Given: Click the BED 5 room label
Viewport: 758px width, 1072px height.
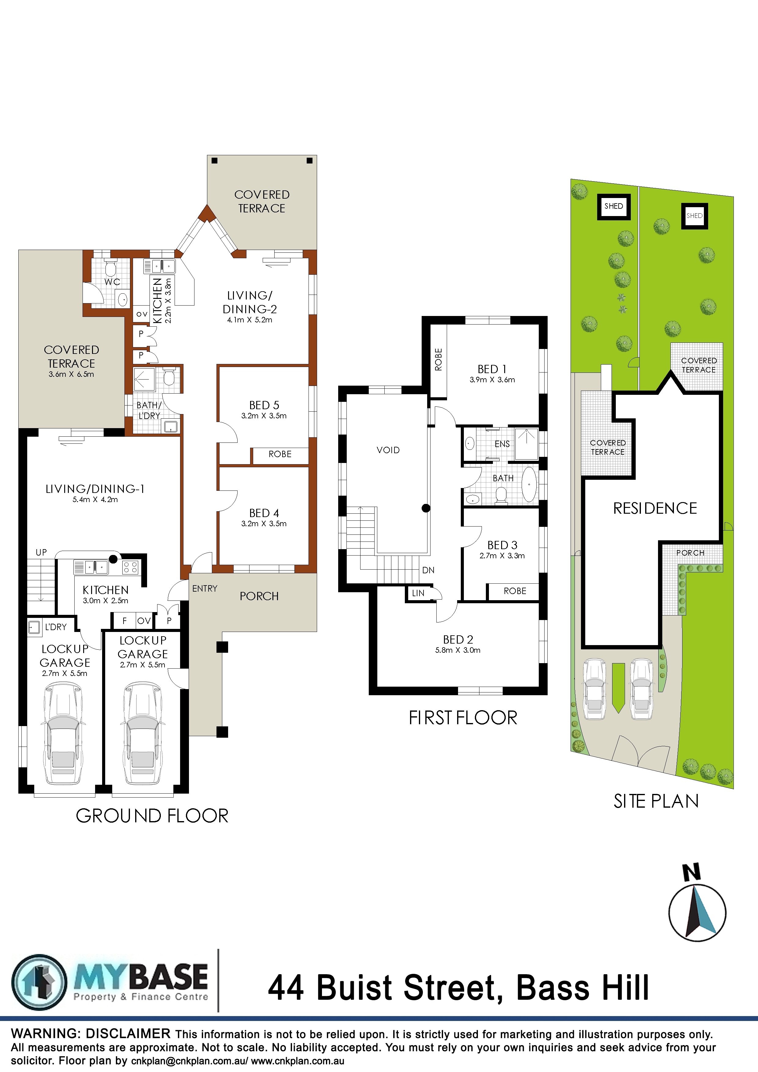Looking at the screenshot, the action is [264, 405].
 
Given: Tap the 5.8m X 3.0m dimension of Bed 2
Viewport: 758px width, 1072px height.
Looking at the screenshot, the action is [458, 650].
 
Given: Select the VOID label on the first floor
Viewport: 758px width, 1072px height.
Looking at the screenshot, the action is [388, 450].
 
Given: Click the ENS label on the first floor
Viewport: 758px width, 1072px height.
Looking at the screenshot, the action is [502, 444].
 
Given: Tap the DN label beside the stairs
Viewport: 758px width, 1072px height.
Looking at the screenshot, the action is [428, 570].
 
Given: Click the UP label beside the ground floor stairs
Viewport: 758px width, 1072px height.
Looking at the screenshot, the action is [41, 552].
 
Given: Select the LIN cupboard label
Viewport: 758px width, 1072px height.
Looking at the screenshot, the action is [418, 593].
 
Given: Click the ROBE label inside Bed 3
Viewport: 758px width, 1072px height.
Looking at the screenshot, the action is [515, 591].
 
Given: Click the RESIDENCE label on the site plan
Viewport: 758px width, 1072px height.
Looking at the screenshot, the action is [655, 508].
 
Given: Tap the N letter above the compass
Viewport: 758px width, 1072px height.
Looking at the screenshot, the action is [692, 872].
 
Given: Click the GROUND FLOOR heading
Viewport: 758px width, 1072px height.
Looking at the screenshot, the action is [152, 816].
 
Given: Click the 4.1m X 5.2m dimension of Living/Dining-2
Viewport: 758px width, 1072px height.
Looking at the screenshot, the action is [250, 320].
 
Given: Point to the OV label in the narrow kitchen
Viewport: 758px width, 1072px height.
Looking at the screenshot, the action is [142, 314].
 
